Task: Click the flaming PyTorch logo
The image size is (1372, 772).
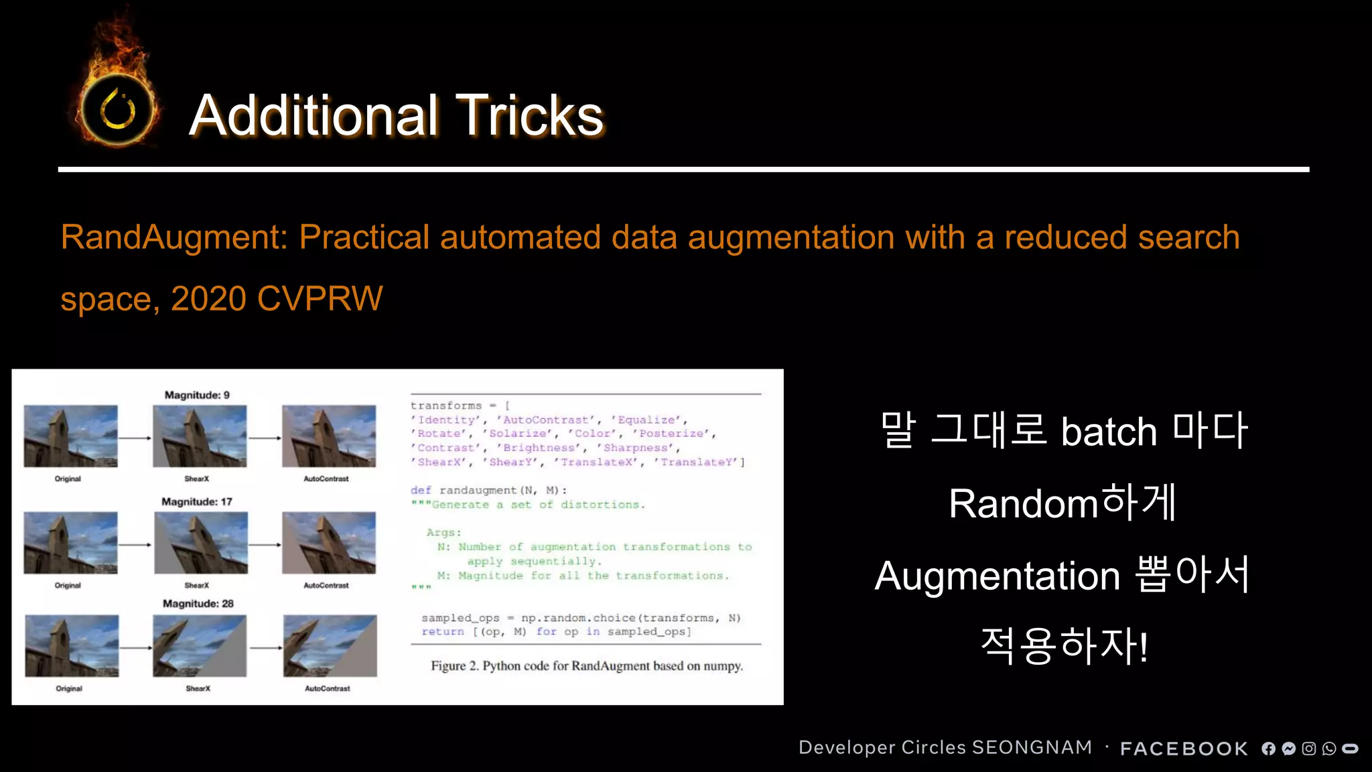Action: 118,107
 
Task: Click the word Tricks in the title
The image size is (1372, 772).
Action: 529,115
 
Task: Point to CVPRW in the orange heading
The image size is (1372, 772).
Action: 320,299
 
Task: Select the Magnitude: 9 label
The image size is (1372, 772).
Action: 197,395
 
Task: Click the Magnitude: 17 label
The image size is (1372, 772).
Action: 197,502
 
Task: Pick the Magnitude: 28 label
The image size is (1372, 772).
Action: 198,604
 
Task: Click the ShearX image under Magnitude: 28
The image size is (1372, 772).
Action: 200,646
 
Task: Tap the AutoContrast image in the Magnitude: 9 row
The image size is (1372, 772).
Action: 329,436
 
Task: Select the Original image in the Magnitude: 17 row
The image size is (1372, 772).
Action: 70,543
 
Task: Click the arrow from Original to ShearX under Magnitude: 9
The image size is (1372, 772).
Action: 135,438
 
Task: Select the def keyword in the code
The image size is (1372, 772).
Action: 421,491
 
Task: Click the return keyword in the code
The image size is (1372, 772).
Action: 442,632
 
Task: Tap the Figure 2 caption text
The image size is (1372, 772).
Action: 587,666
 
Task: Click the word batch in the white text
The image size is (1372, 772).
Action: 1109,432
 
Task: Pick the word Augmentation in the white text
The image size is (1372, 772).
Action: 997,576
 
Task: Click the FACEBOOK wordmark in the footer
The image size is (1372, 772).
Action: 1184,749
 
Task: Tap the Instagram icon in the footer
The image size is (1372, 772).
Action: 1309,749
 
